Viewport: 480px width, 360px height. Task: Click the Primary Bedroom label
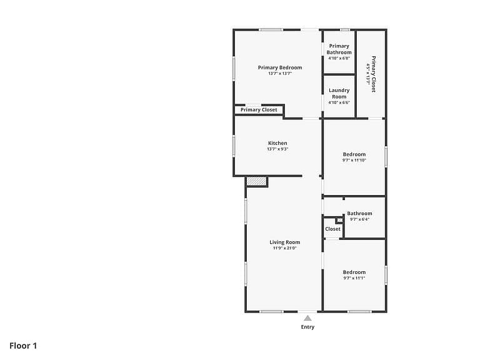[x=280, y=67]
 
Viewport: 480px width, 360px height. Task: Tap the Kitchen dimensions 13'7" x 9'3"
[x=277, y=149]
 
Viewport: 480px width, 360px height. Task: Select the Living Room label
[x=285, y=242]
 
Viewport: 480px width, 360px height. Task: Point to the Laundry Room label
[x=339, y=93]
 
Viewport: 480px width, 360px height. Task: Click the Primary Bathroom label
[x=339, y=49]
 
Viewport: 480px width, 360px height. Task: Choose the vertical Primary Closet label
[x=374, y=74]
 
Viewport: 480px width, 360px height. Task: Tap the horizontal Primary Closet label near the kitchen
[x=259, y=110]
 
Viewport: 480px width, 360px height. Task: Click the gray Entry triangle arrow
[x=307, y=318]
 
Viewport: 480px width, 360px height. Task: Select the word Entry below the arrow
[x=307, y=327]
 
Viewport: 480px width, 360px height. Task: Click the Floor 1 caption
[x=23, y=346]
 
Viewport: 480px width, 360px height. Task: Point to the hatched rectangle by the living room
[x=257, y=181]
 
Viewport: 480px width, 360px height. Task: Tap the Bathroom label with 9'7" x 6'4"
[x=360, y=213]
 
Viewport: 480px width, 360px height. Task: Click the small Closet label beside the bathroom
[x=332, y=229]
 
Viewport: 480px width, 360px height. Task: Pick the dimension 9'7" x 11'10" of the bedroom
[x=354, y=160]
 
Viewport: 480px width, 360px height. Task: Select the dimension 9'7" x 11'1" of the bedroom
[x=354, y=278]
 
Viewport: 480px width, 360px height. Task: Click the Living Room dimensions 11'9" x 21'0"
[x=285, y=248]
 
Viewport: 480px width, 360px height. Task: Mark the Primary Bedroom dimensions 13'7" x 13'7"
[x=280, y=74]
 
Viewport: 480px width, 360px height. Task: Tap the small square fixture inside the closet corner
[x=340, y=220]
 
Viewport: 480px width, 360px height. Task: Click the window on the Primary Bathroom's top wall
[x=345, y=30]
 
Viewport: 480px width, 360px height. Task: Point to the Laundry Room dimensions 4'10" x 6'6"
[x=339, y=102]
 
